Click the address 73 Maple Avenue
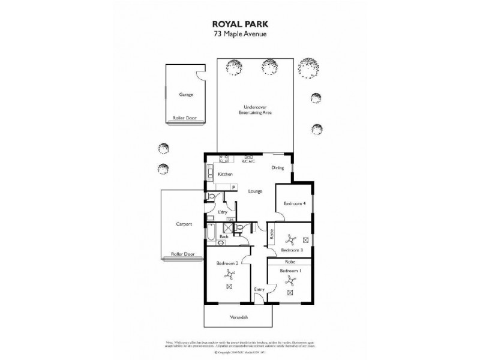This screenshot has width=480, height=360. point(239,34)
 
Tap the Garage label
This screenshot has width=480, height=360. point(185,95)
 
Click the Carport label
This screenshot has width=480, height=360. point(184,224)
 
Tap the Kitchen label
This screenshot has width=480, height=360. point(225,174)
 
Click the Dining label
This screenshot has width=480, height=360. point(277,168)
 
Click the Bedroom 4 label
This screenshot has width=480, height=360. point(295,204)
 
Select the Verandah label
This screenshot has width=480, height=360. point(239,316)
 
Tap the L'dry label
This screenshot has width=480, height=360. point(222,212)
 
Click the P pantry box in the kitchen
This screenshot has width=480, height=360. point(233,187)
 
